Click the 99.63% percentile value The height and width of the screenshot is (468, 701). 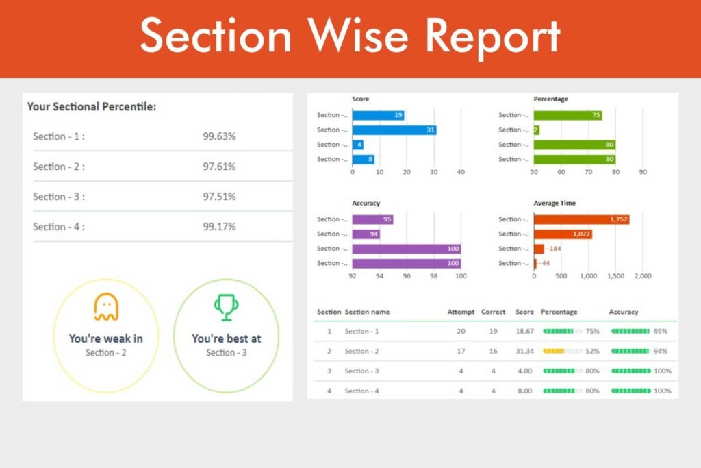pos(219,136)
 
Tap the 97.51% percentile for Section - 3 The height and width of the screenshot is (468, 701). pos(219,197)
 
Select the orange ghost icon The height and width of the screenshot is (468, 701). pos(106,307)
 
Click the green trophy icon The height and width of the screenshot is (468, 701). pos(226,307)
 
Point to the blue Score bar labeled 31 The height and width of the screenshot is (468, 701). pos(394,130)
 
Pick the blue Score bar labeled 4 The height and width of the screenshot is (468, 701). pos(357,145)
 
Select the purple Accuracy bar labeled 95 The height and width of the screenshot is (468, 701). pos(372,219)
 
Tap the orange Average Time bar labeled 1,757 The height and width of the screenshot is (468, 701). pos(581,219)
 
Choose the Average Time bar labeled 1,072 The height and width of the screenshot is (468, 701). pos(563,234)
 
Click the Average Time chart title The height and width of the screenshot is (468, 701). pos(555,203)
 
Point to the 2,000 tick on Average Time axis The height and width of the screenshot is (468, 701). pos(642,276)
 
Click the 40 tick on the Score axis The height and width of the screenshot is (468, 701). pos(461,172)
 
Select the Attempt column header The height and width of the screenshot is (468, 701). pos(461,312)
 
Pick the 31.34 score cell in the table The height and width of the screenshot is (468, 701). pos(524,351)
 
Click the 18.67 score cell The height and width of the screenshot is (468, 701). pos(524,331)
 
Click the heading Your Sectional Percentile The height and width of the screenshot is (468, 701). pos(92,107)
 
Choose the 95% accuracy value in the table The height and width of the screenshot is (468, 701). pos(661,331)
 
